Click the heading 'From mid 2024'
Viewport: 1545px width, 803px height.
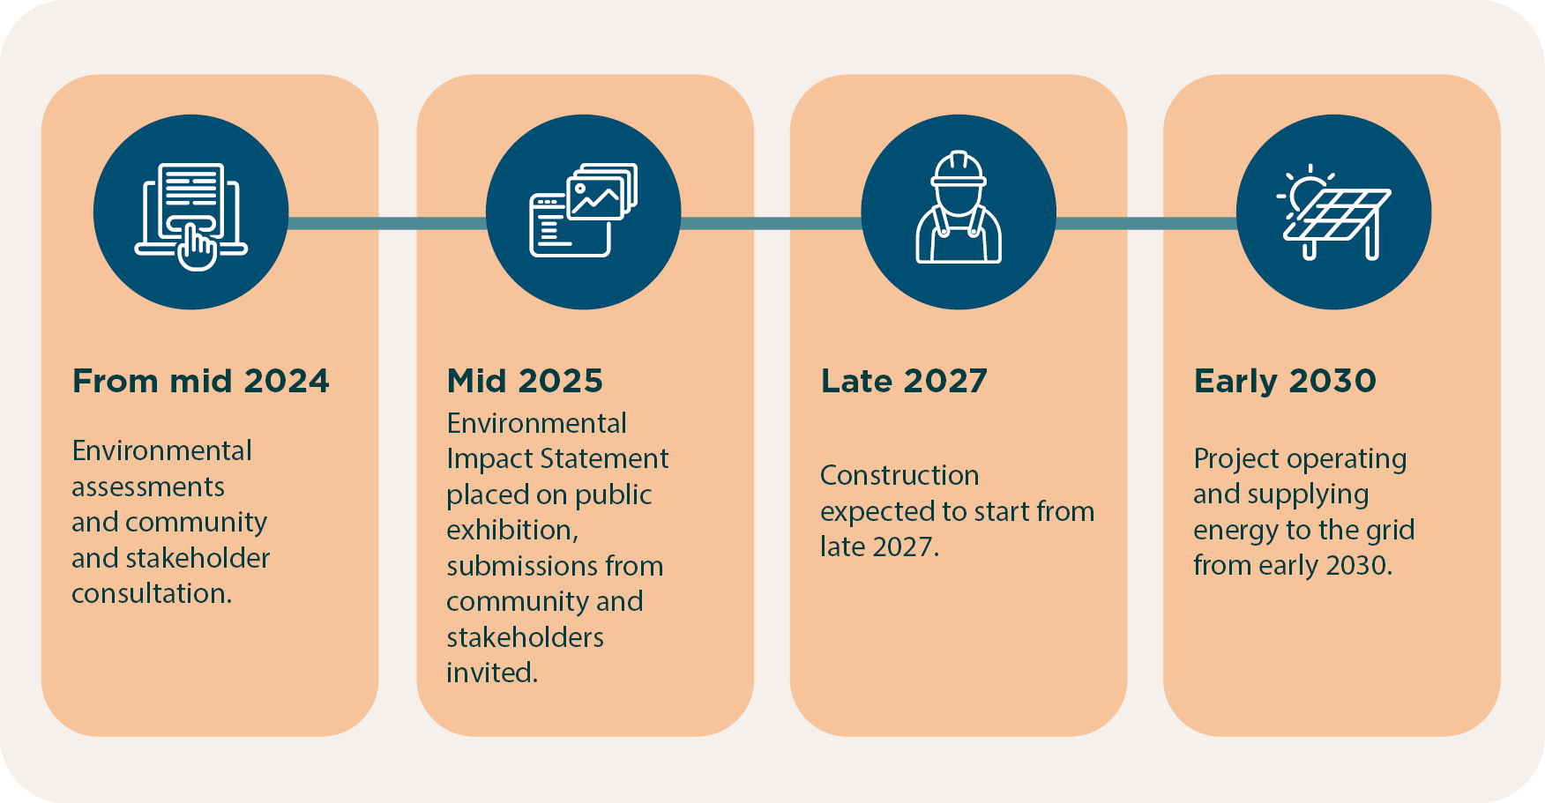[200, 381]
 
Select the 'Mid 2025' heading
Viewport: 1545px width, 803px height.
[525, 381]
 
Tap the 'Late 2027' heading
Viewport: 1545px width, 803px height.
[904, 381]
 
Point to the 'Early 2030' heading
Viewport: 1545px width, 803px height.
[1285, 381]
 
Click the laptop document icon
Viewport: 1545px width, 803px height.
[190, 212]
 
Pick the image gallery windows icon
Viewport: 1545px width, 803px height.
[583, 212]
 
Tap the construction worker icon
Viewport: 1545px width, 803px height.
[959, 212]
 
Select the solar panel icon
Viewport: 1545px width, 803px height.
[1333, 212]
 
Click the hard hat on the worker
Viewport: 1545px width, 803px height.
[959, 169]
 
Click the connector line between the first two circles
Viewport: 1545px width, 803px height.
[387, 223]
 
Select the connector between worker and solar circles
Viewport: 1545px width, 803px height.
[1146, 223]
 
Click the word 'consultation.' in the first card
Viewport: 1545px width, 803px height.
[152, 594]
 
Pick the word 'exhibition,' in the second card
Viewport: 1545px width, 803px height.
[512, 531]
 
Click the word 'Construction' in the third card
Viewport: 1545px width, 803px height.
[899, 476]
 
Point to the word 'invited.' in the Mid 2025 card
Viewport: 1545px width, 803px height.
[492, 673]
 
